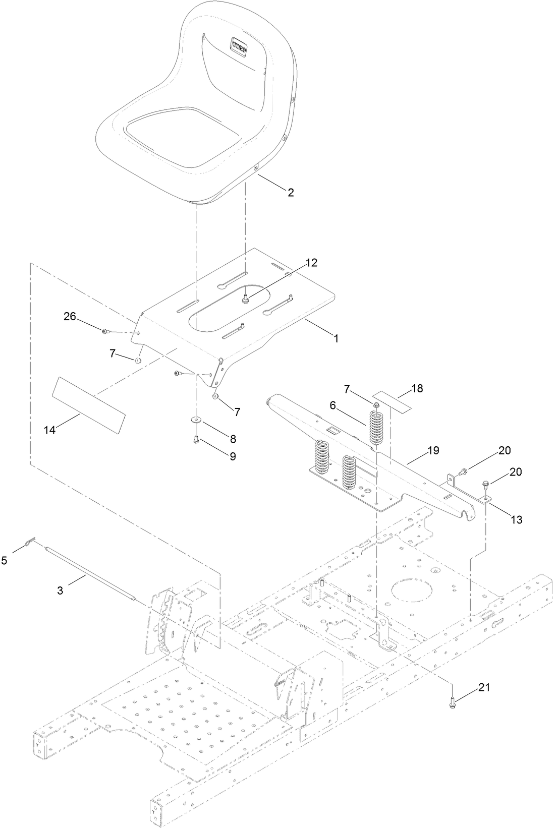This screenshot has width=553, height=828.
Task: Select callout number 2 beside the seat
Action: tap(290, 192)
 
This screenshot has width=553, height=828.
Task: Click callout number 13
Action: tap(516, 519)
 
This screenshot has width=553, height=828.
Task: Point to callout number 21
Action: tap(484, 687)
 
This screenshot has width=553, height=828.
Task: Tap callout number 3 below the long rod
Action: tap(60, 589)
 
